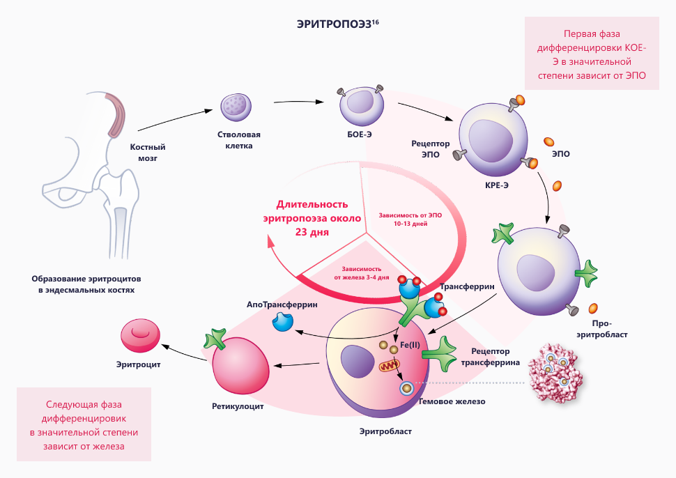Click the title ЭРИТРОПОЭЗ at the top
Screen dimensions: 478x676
tap(333, 24)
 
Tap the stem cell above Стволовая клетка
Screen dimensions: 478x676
tap(234, 106)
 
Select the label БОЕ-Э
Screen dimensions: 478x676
tap(359, 134)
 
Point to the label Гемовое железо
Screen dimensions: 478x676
tap(451, 401)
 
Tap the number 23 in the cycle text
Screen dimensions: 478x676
tap(301, 232)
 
